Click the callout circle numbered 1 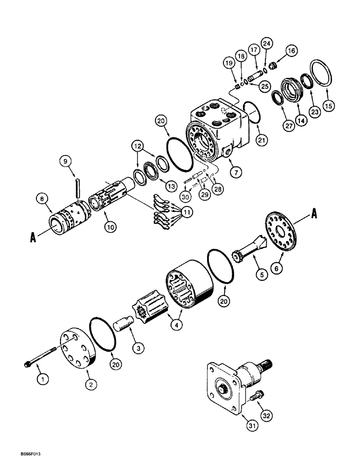click(43, 380)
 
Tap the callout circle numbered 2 click(91, 384)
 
